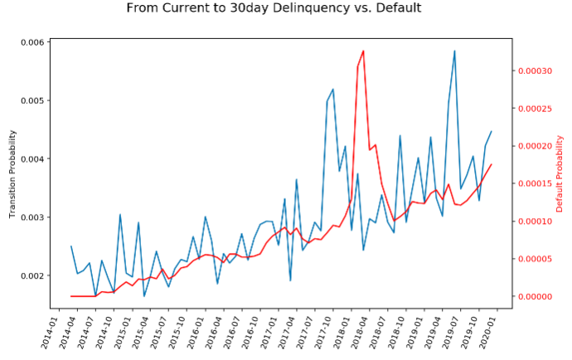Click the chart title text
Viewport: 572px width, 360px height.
(274, 8)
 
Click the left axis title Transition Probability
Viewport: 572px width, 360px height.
(13, 174)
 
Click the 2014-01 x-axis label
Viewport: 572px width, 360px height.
(52, 333)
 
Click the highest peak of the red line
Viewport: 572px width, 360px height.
(363, 51)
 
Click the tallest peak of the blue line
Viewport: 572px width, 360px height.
(454, 51)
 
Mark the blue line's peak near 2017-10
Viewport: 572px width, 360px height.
(333, 89)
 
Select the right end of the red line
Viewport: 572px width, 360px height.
(492, 164)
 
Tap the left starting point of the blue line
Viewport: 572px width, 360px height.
(71, 246)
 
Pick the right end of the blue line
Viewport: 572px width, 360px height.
(492, 131)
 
